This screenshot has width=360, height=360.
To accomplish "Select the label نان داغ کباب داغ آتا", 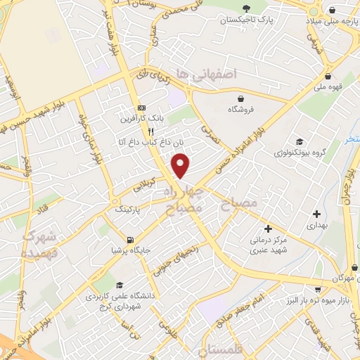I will (x=150, y=143).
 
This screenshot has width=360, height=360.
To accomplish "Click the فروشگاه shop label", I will (x=241, y=109).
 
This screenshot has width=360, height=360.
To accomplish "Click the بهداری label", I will (x=316, y=227).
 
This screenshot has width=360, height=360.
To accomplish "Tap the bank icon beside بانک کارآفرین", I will (x=142, y=108).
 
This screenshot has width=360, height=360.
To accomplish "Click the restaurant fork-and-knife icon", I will (x=150, y=131).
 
